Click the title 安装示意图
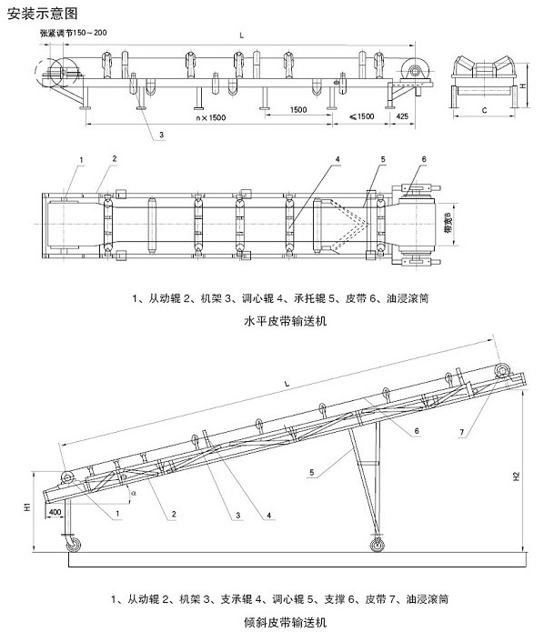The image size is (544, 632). (42, 14)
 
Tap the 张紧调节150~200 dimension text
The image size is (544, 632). (74, 33)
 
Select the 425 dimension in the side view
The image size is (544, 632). (402, 116)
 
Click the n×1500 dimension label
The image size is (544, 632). (210, 117)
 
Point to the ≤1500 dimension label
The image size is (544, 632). (362, 116)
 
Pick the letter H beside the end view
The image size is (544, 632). (523, 85)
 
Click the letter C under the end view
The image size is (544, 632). (484, 110)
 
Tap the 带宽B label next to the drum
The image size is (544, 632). (448, 224)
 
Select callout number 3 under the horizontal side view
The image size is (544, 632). (161, 135)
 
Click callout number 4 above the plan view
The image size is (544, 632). (337, 159)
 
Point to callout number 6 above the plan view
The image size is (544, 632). (424, 159)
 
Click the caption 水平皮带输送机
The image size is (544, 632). (285, 321)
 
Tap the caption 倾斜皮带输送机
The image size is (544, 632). (285, 622)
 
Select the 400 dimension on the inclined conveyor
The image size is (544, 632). (55, 512)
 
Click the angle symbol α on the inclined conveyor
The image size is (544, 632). (134, 492)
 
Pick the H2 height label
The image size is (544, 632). (517, 477)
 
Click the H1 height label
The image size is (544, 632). (27, 507)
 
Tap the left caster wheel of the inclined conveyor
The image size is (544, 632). (74, 545)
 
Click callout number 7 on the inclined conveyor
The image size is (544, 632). (462, 433)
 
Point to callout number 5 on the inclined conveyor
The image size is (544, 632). (312, 472)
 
